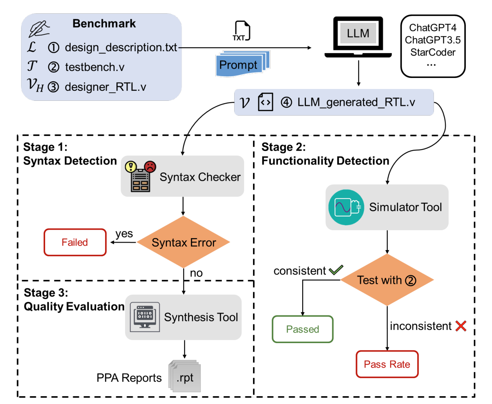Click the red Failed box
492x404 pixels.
[75, 242]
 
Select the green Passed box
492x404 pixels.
[303, 329]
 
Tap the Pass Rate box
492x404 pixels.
[387, 364]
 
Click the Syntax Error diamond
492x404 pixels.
[183, 242]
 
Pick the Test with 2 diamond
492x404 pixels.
[387, 280]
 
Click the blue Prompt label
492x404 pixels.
[238, 65]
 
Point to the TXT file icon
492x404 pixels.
[242, 31]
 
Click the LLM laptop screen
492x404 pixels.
[358, 34]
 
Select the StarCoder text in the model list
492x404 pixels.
[433, 52]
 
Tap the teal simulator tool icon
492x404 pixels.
[346, 207]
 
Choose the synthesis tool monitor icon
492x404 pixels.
[145, 317]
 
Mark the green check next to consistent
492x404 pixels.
[336, 270]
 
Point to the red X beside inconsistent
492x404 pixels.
[461, 326]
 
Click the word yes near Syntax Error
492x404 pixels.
[124, 234]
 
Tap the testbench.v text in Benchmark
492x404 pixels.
[95, 67]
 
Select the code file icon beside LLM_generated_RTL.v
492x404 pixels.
[265, 102]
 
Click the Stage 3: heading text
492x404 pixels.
[46, 293]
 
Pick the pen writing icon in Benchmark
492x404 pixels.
[39, 29]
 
